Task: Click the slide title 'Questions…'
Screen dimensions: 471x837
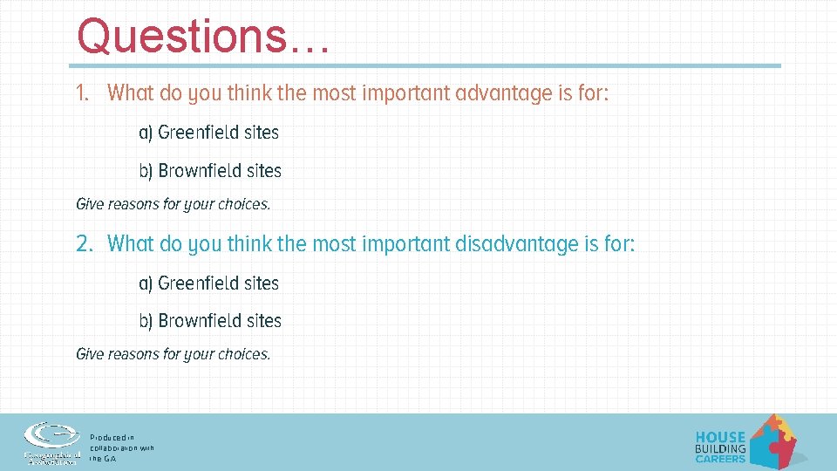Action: (x=202, y=37)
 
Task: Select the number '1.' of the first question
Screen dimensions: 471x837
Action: (x=83, y=93)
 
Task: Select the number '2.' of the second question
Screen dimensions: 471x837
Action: (x=84, y=244)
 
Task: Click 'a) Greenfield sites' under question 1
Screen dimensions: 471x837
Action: (x=209, y=133)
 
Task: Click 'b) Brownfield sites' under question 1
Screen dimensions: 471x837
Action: (x=210, y=171)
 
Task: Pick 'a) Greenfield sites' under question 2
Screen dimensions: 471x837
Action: (x=209, y=283)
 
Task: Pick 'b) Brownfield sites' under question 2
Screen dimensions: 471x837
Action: (x=210, y=321)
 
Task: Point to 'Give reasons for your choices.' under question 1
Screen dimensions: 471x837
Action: (x=174, y=205)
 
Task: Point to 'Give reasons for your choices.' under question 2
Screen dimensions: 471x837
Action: (x=174, y=355)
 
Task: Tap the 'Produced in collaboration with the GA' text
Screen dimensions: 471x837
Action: (x=121, y=447)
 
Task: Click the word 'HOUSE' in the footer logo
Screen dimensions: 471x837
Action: (x=720, y=437)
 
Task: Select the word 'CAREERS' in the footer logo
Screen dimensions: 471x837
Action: (x=720, y=459)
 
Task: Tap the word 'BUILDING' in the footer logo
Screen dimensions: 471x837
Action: (x=720, y=448)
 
